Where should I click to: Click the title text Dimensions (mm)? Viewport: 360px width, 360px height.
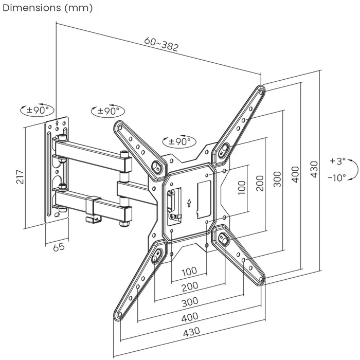(x=47, y=7)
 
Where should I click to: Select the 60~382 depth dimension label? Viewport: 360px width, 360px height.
(x=161, y=45)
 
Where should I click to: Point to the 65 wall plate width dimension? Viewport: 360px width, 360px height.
(x=59, y=247)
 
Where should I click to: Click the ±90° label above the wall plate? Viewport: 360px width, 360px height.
(x=37, y=110)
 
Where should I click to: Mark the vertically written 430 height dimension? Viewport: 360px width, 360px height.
(x=314, y=169)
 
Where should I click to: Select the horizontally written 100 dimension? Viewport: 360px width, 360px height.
(x=189, y=271)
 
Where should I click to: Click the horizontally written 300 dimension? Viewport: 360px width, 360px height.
(x=190, y=301)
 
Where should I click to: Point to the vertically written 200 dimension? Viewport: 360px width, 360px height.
(x=260, y=183)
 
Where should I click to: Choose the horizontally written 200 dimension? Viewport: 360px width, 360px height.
(x=190, y=286)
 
